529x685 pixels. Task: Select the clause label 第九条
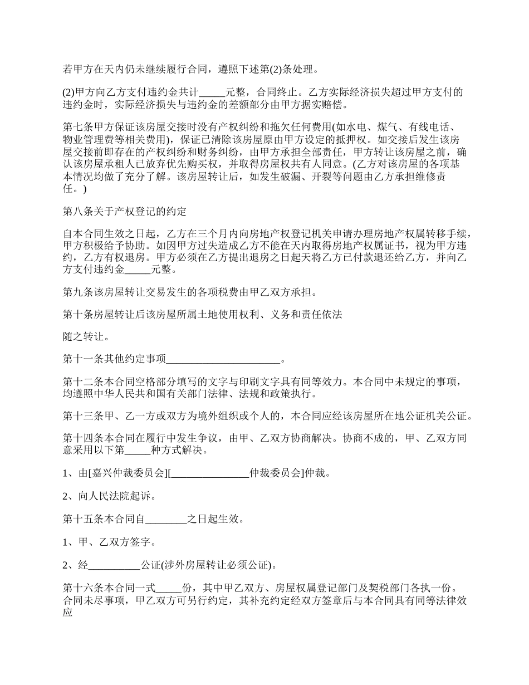coord(77,291)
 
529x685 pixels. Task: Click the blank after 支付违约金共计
coord(211,92)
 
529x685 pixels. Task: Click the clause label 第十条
coord(77,314)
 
